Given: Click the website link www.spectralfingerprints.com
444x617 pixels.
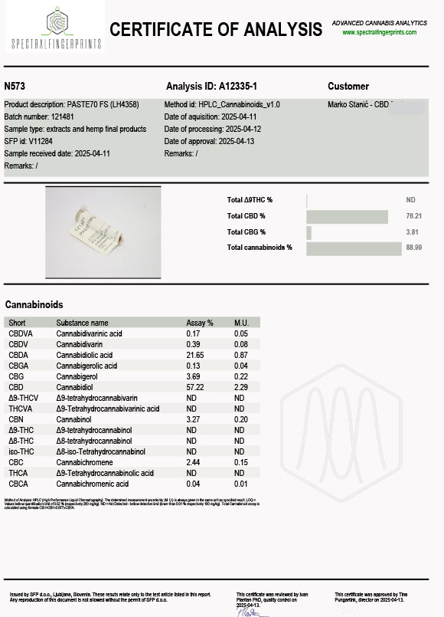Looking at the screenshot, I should [379, 32].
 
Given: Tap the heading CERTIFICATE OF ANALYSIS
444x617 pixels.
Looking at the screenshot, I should [216, 30].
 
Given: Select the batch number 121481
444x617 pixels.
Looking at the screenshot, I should [65, 117].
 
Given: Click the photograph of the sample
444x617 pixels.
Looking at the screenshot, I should [103, 231].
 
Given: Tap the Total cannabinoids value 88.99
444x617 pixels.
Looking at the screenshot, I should [414, 248].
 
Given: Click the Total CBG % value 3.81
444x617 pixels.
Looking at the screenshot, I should [414, 232].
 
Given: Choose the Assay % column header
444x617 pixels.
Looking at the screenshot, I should [200, 323].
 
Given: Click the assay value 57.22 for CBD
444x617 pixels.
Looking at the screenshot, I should [196, 388].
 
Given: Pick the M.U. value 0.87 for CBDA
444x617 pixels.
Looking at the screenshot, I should [240, 355].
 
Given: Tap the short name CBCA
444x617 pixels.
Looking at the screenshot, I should [18, 484].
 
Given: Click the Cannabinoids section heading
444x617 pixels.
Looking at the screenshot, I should [34, 304].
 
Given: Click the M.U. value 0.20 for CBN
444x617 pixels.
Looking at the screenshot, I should [240, 420].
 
